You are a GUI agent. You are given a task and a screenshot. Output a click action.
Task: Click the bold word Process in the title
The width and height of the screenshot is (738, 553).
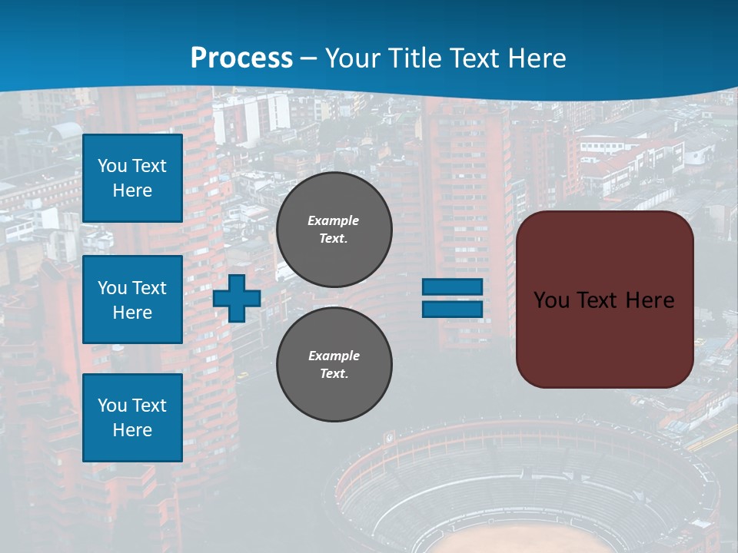(x=241, y=58)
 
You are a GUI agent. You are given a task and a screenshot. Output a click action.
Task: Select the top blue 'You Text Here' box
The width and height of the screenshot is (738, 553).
(x=132, y=178)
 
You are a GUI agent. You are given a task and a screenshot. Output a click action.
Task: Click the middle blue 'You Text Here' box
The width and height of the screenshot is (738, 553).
(x=132, y=300)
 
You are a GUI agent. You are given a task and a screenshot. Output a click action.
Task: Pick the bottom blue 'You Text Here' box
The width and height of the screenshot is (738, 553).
(x=132, y=418)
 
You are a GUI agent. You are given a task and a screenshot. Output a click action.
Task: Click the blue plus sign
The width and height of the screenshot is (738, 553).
(x=237, y=298)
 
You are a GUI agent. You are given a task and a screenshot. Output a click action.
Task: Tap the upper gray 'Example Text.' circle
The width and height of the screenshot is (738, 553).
(x=334, y=230)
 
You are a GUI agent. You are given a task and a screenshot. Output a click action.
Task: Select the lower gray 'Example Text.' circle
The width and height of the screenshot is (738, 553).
(x=334, y=365)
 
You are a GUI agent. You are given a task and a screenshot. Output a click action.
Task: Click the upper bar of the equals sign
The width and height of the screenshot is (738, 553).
(x=453, y=286)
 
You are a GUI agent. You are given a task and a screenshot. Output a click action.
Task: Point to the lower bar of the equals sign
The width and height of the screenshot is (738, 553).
(x=453, y=309)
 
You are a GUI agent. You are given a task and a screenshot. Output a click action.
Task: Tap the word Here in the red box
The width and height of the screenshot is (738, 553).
(x=650, y=300)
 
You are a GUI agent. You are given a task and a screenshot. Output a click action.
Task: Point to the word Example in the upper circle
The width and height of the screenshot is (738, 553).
(x=333, y=220)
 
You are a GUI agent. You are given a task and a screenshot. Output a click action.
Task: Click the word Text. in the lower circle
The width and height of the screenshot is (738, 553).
(x=334, y=374)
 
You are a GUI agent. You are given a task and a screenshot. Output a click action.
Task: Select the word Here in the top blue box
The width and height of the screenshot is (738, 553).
(x=132, y=190)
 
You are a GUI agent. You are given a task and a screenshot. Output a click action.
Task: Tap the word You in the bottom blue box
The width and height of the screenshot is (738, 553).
(x=112, y=406)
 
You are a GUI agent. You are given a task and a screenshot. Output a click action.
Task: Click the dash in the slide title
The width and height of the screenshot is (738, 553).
(x=309, y=58)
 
